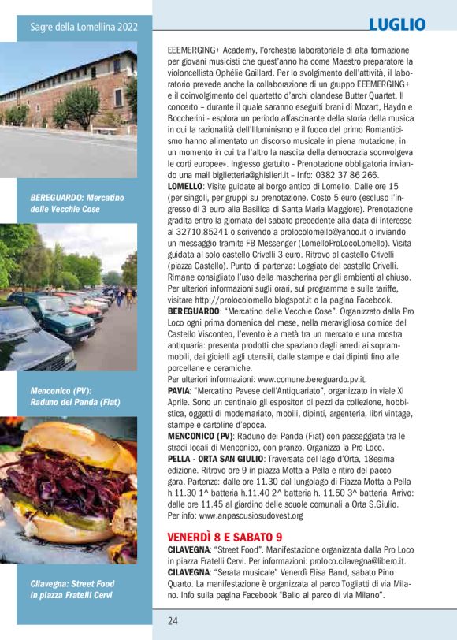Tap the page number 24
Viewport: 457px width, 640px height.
(x=173, y=620)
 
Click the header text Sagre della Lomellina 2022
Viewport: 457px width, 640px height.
(x=84, y=28)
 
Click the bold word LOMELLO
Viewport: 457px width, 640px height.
(x=184, y=185)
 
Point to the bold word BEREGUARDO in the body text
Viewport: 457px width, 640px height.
(x=194, y=312)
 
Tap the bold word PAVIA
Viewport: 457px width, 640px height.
(x=180, y=390)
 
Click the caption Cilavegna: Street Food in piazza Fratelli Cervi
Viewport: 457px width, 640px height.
(x=72, y=589)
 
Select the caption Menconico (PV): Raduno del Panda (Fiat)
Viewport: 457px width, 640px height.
(x=75, y=396)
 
